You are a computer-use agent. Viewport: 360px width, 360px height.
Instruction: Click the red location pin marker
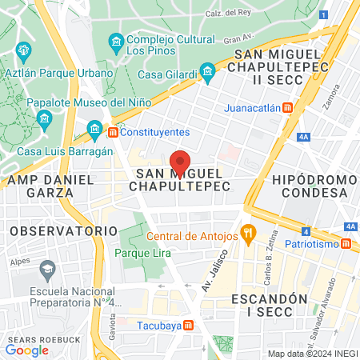click(x=181, y=161)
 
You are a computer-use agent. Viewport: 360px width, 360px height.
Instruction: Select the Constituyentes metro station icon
click(x=114, y=131)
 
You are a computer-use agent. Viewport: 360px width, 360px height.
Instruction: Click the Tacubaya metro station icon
click(x=188, y=325)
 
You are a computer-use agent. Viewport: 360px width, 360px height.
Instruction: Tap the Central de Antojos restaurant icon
click(x=249, y=235)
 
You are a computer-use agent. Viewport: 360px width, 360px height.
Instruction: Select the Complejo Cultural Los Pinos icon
click(x=116, y=40)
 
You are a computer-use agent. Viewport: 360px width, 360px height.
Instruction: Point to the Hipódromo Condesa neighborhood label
click(x=310, y=186)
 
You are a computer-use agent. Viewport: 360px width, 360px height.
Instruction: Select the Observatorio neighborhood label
click(x=53, y=230)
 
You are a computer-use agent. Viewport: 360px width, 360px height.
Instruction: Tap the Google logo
click(x=26, y=350)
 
